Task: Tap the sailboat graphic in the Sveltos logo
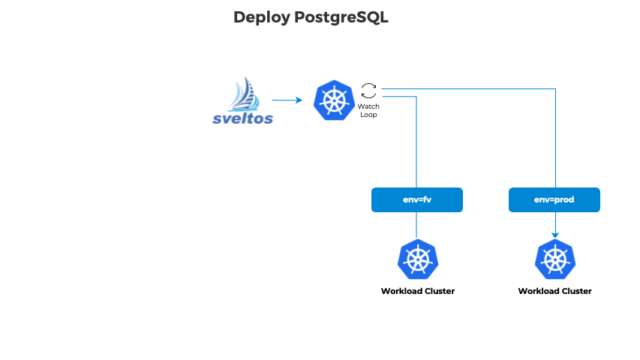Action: (x=245, y=94)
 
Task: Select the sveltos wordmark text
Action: (x=243, y=118)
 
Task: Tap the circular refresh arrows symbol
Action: (x=368, y=91)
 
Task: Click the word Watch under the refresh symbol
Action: (x=368, y=106)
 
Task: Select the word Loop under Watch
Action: (x=368, y=115)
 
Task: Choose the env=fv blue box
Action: (x=417, y=200)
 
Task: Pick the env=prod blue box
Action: (x=554, y=200)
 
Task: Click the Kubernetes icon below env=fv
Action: (x=417, y=259)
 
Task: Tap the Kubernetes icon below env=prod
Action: (x=554, y=259)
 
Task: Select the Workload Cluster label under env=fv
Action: (x=417, y=291)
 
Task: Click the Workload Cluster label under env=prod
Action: (x=554, y=291)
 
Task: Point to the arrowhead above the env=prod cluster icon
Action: (x=555, y=235)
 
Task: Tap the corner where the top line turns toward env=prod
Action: (x=555, y=89)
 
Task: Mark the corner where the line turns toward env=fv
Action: (x=416, y=97)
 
